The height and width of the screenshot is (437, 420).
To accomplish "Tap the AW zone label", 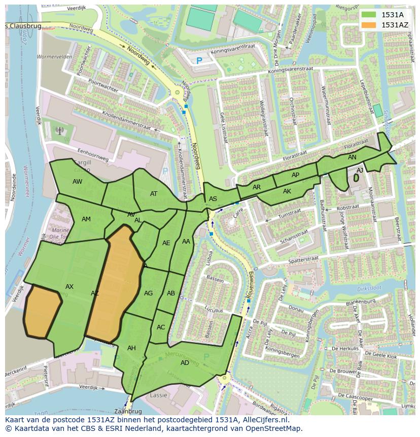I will tap(77, 181).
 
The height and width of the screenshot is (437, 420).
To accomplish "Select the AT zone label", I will tap(154, 193).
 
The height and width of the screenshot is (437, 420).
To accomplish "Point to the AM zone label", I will tap(86, 219).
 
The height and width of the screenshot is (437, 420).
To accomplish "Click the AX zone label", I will tap(69, 287).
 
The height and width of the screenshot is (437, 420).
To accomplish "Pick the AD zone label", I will tap(185, 362).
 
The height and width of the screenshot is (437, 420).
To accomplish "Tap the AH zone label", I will tap(131, 348).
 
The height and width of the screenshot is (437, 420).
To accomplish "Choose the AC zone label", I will tap(161, 327).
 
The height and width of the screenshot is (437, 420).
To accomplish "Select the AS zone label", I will tap(213, 198).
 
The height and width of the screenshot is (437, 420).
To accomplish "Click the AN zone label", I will tap(352, 157).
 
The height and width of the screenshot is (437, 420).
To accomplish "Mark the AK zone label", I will tap(287, 191).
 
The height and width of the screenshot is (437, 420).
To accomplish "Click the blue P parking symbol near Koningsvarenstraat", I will tap(199, 60).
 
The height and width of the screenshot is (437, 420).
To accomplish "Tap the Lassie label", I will tap(159, 395).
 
